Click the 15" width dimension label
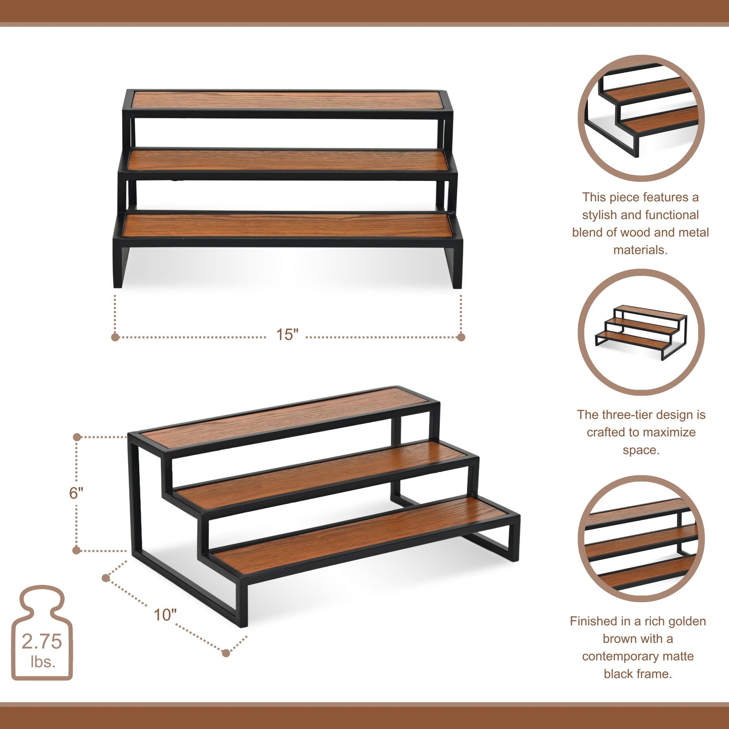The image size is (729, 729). pyautogui.click(x=287, y=335)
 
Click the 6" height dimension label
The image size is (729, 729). pyautogui.click(x=76, y=493)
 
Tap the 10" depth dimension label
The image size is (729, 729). pyautogui.click(x=165, y=615)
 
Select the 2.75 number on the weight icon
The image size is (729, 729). pyautogui.click(x=42, y=642)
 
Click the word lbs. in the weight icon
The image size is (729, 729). pyautogui.click(x=43, y=662)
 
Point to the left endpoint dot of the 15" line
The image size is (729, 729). pyautogui.click(x=115, y=337)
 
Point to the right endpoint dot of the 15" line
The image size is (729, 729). pyautogui.click(x=461, y=337)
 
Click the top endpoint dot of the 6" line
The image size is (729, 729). pyautogui.click(x=77, y=437)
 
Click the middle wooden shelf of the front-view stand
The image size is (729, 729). pyautogui.click(x=287, y=161)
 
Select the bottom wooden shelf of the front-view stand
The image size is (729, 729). pyautogui.click(x=287, y=226)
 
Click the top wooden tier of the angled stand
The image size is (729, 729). pyautogui.click(x=286, y=417)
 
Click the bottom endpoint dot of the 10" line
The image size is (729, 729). pyautogui.click(x=226, y=653)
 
